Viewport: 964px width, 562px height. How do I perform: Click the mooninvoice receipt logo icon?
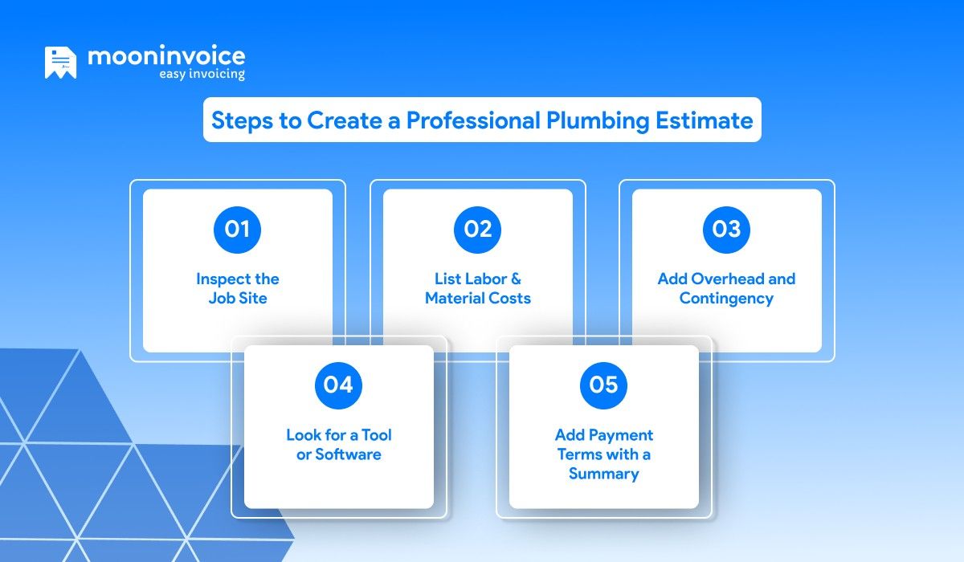coord(60,63)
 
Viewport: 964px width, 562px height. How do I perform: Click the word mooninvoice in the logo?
coord(166,56)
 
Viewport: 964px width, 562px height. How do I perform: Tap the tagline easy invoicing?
coord(201,74)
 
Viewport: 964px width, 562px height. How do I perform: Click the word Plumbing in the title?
coord(598,120)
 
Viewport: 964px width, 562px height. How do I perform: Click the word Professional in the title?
coord(473,120)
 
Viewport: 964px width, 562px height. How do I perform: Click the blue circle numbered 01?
coord(237,230)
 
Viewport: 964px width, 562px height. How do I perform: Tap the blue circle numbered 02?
coord(478,230)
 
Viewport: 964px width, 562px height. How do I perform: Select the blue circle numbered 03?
coord(726,230)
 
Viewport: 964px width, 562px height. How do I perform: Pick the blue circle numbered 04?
coord(338,385)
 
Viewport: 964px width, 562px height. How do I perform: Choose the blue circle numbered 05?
coord(603,385)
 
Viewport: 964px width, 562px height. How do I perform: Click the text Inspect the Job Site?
coord(237,288)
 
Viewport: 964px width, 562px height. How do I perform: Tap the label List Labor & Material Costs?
coord(478,288)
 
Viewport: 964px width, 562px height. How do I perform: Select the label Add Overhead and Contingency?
coord(726,288)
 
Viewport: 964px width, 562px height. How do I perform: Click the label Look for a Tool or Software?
coord(338,444)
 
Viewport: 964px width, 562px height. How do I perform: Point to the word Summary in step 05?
coord(603,474)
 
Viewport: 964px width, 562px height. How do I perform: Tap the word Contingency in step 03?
coord(726,299)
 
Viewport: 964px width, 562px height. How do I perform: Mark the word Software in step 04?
coord(349,454)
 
